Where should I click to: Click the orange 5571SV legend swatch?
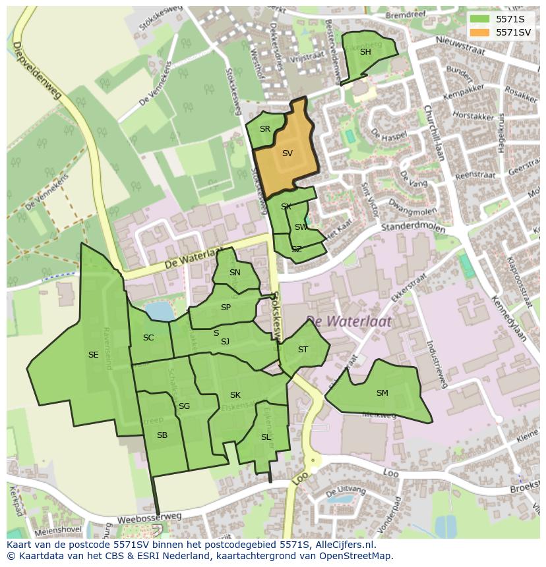pos(479,32)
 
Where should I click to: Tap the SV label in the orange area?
pos(287,153)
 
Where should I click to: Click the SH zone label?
pos(365,52)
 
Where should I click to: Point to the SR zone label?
pos(264,129)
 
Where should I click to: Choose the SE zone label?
pos(93,355)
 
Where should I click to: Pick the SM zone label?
pos(382,393)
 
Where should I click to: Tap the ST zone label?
pos(303,350)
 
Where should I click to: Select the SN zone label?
pos(235,273)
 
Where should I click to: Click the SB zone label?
pos(162,435)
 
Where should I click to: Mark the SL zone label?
pos(266,437)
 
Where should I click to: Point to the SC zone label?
pos(148,338)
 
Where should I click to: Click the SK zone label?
pos(235,395)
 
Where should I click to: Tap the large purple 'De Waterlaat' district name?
pos(348,321)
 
